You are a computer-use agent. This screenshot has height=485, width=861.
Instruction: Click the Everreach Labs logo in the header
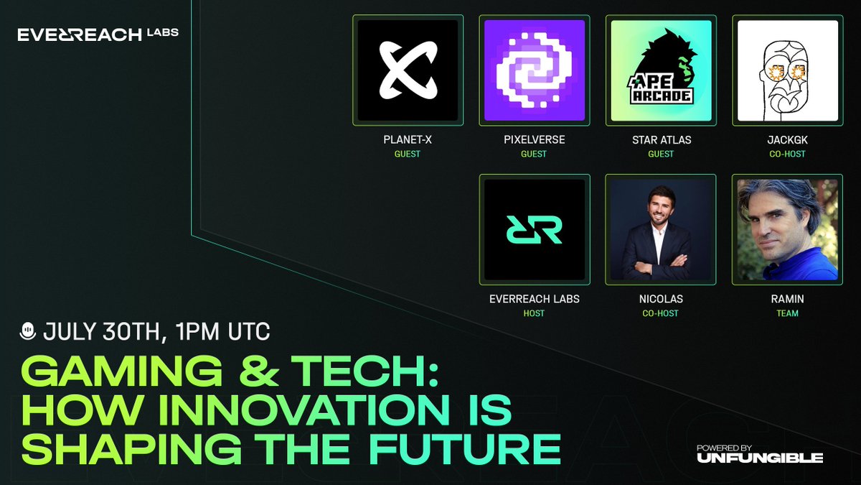98,34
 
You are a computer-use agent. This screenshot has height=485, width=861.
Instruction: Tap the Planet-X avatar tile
408,70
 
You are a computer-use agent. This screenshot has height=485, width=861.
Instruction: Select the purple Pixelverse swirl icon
535,70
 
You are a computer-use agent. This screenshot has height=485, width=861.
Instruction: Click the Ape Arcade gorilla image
661,70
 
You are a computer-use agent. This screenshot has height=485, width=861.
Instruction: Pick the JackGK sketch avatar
788,70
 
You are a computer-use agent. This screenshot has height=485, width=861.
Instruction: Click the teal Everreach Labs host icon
535,229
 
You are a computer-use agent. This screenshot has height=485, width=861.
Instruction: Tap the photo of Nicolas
661,229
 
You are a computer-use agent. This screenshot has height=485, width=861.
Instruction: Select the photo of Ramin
788,229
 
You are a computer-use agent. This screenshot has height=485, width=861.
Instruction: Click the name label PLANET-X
408,139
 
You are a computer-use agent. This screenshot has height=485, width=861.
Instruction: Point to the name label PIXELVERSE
535,139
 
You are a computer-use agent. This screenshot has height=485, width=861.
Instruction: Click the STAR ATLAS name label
661,139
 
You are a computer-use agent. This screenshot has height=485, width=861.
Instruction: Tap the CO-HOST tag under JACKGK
788,154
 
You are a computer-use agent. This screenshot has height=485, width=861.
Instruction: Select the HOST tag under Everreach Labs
535,313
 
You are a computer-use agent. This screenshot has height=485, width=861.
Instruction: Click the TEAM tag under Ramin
788,313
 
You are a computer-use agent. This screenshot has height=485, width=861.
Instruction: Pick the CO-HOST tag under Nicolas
661,313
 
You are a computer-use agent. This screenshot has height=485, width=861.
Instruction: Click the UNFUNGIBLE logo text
759,458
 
